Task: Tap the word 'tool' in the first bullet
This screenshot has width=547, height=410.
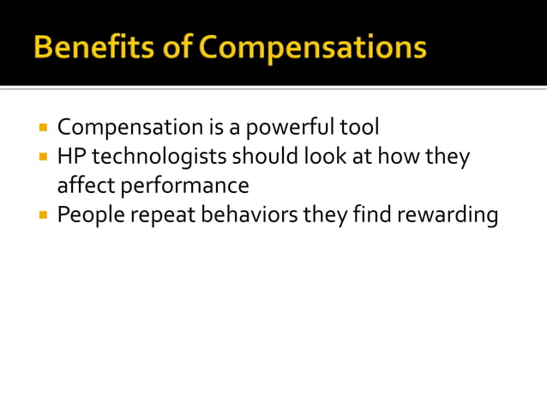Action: point(359,128)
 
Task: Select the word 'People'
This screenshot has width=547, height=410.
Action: point(87,214)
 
